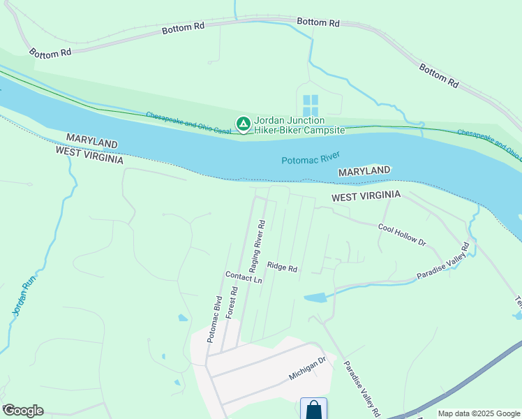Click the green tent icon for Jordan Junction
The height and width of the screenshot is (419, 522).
[x=243, y=124]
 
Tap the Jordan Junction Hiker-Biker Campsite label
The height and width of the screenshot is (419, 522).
[x=299, y=126]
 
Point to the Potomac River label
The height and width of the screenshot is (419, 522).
[x=311, y=159]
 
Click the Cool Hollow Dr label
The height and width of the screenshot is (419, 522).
[x=401, y=235]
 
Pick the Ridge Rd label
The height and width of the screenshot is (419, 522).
[x=283, y=267]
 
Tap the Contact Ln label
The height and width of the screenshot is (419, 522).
[x=244, y=277]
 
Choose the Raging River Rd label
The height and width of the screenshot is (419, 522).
[x=258, y=247]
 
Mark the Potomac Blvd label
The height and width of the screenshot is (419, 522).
[x=214, y=319]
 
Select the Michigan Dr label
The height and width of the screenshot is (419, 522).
[x=307, y=369]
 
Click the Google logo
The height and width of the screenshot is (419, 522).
[x=23, y=411]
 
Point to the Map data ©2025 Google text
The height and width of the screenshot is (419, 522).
[x=479, y=413]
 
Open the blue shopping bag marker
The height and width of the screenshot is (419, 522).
[x=313, y=409]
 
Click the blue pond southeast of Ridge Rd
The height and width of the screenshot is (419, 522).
[x=315, y=297]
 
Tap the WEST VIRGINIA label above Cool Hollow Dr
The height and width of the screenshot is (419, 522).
[x=366, y=197]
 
